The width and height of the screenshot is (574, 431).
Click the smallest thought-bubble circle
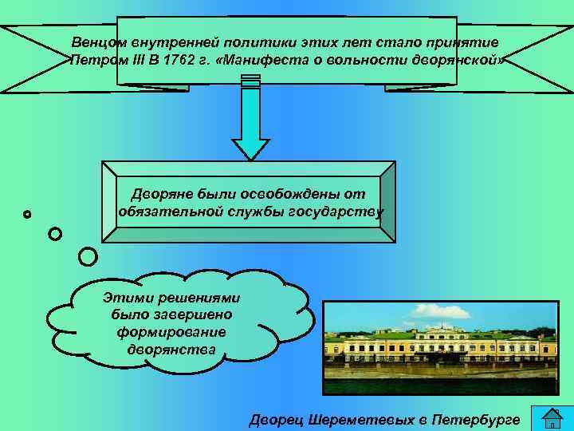click(28, 214)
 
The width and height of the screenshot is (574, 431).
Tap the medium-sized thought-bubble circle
click(54, 234)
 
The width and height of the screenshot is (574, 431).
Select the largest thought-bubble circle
click(88, 256)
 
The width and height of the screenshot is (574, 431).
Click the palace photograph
click(440, 347)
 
